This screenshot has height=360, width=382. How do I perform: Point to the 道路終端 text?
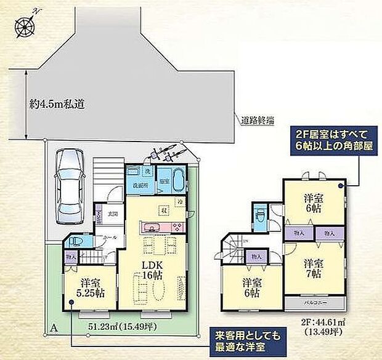(x=256, y=121)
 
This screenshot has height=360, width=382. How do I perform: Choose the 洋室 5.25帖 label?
(x=90, y=288)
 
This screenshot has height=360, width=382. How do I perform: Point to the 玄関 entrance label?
(x=113, y=214)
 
